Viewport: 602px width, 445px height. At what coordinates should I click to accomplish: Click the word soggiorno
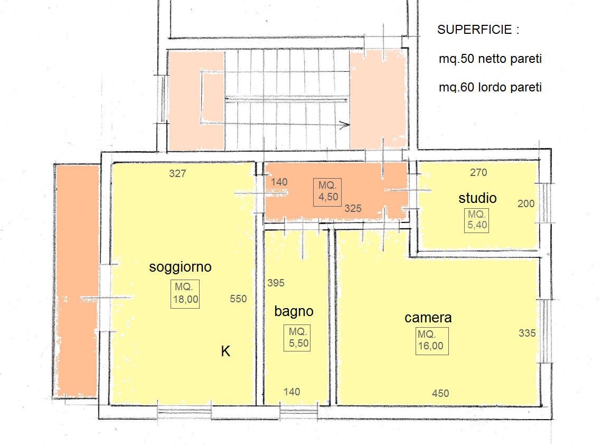180,267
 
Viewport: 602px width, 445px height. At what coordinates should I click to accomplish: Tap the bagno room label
294,311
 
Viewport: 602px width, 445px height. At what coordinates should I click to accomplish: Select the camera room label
428,318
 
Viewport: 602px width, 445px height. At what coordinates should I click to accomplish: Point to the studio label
477,198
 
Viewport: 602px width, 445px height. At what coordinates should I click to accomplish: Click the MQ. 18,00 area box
185,294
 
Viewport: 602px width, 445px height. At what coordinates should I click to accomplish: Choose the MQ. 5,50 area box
297,338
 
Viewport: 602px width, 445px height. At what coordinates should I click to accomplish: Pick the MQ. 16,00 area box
432,341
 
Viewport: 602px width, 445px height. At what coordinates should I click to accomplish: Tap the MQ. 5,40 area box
476,220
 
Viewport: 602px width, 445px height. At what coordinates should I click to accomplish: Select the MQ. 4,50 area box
327,192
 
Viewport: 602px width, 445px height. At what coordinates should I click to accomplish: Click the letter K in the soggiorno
225,351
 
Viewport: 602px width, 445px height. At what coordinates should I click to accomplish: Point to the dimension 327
177,174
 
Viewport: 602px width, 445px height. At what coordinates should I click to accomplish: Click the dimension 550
238,299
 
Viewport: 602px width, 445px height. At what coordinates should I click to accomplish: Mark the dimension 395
276,283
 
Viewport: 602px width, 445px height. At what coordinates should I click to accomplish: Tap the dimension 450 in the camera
440,394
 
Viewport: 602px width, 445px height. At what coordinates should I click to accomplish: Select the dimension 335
527,333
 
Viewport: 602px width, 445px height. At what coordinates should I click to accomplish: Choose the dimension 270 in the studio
478,172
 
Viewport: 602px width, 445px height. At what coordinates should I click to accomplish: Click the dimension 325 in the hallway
353,209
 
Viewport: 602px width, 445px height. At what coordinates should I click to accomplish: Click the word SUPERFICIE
475,30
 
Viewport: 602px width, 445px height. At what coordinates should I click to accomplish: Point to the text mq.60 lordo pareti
490,87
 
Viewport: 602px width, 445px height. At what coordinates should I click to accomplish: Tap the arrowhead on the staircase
345,125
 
